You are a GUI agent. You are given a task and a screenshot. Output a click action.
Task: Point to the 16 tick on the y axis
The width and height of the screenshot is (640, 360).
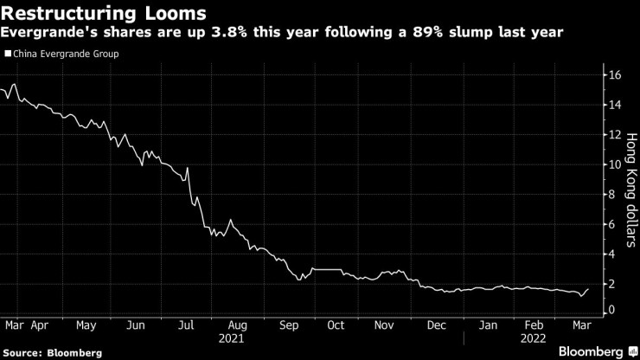[x=615, y=75]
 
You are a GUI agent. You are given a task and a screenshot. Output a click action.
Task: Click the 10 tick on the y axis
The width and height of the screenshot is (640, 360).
[x=615, y=164]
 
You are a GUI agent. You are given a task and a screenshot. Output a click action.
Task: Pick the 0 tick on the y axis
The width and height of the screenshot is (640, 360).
[x=612, y=310]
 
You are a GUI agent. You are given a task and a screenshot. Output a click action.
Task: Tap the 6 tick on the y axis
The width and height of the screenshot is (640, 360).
[x=612, y=224]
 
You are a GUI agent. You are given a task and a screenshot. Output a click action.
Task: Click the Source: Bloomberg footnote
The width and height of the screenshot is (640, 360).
[x=53, y=353]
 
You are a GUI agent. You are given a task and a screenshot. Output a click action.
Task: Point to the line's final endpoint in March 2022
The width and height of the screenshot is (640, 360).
[x=588, y=289]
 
